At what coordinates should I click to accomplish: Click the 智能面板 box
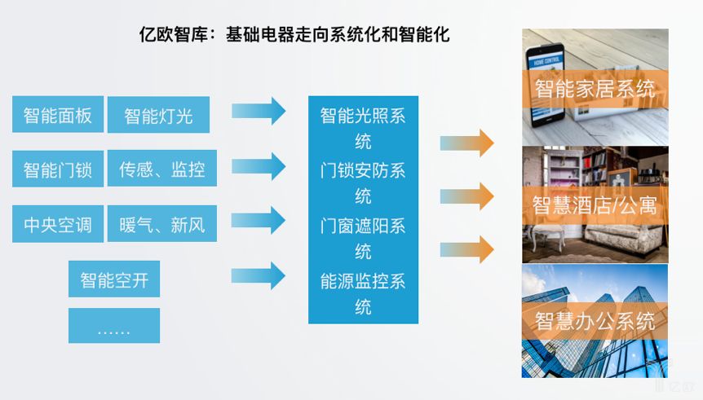58,114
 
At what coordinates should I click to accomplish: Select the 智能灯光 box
158,115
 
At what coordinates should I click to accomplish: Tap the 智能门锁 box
58,169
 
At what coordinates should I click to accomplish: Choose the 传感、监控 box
161,169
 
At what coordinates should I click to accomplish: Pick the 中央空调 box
58,224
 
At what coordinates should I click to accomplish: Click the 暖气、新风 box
161,223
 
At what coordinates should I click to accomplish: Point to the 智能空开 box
114,279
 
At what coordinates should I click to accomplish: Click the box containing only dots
114,326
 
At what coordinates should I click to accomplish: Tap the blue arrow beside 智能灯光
259,111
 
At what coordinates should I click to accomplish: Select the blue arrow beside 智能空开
259,276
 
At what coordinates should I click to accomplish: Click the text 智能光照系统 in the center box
363,129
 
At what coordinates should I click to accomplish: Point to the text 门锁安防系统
363,183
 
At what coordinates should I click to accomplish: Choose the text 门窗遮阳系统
363,239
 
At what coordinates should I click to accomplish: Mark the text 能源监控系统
363,294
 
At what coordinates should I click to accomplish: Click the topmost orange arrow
466,143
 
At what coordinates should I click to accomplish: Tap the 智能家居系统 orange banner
595,89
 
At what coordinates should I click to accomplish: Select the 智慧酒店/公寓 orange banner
595,205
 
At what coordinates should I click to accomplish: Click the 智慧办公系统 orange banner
595,321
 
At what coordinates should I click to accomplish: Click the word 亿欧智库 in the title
174,34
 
